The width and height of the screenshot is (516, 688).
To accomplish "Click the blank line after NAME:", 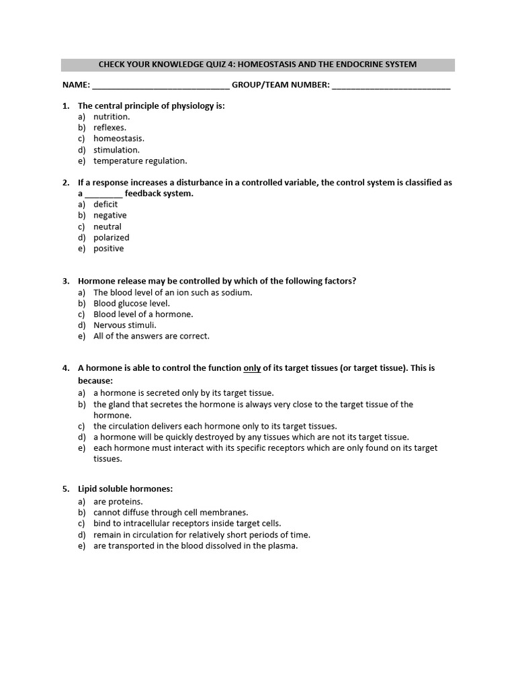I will pyautogui.click(x=160, y=85).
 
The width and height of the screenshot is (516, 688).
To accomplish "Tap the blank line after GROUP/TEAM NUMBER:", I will pyautogui.click(x=391, y=85).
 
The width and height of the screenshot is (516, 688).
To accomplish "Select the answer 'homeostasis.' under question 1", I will pyautogui.click(x=119, y=138).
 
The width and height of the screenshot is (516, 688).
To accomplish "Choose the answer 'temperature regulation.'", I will pyautogui.click(x=140, y=161).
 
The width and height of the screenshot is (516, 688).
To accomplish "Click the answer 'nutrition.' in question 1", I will pyautogui.click(x=112, y=116).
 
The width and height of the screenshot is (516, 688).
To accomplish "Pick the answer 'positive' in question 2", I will pyautogui.click(x=109, y=249).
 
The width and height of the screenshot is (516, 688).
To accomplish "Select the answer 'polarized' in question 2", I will pyautogui.click(x=112, y=237).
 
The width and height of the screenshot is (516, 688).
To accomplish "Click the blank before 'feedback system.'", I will pyautogui.click(x=104, y=193).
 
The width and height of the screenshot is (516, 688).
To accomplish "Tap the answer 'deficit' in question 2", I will pyautogui.click(x=105, y=204).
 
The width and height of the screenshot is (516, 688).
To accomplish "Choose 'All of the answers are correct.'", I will pyautogui.click(x=151, y=336).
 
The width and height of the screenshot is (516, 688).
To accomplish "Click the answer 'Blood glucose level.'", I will pyautogui.click(x=132, y=303).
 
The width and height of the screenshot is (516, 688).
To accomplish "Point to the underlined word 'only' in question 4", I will pyautogui.click(x=252, y=368).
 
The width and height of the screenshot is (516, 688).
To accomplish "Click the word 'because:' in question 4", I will pyautogui.click(x=95, y=380).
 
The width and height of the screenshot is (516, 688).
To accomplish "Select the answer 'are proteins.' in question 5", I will pyautogui.click(x=118, y=501).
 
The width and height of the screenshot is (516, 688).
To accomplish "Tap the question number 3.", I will pyautogui.click(x=65, y=281).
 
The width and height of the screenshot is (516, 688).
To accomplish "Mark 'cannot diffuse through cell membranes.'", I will pyautogui.click(x=171, y=512).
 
